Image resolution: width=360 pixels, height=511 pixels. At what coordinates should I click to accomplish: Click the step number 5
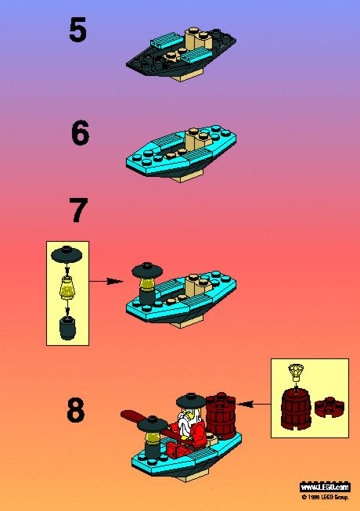coord(77,30)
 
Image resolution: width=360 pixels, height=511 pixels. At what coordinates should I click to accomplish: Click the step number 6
coord(80,132)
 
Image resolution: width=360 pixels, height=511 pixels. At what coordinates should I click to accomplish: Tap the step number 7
coord(78,211)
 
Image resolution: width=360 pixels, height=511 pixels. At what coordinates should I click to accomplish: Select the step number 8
coord(76,409)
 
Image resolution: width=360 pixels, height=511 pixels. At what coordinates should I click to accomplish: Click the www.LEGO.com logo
coord(325,488)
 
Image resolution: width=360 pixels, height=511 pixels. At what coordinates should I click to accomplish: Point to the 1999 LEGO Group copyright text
coord(326,498)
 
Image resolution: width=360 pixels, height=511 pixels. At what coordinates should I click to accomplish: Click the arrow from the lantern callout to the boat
coord(106,281)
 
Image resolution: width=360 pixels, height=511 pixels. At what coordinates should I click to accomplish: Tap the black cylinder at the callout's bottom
coord(67,328)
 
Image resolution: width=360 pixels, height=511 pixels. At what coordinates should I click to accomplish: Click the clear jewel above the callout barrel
coord(296,372)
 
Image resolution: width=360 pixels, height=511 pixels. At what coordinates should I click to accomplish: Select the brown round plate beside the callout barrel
coord(329,407)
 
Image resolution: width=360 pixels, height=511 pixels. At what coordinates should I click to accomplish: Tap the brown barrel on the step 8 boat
coord(221,412)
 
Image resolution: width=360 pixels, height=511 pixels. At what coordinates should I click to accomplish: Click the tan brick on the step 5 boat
coord(197,39)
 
